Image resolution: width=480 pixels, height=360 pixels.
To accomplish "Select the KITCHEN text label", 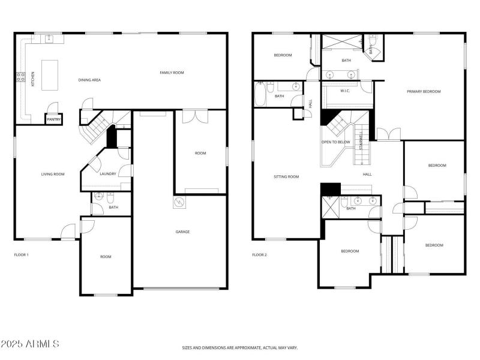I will [x=33, y=79].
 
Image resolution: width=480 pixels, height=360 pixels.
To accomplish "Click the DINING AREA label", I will [x=89, y=79].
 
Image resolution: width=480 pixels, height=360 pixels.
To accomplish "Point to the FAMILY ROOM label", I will [x=172, y=73].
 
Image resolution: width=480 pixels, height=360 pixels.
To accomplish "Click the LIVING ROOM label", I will [x=52, y=175].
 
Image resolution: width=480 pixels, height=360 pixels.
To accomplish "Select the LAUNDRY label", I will [x=108, y=174].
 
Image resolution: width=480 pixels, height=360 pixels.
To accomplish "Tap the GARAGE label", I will [x=182, y=232].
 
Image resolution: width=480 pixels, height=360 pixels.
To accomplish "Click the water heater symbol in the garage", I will [x=179, y=203].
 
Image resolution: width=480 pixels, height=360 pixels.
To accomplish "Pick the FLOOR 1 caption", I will [x=21, y=255].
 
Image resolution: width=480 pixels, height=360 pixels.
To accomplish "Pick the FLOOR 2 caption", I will [x=259, y=255].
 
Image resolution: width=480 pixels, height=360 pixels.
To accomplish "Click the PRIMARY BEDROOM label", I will [x=424, y=91].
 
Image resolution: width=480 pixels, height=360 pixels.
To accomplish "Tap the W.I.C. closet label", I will [x=345, y=91].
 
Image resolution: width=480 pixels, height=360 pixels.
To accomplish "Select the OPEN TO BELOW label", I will [x=335, y=142].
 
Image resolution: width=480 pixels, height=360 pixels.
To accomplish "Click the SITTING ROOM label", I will [x=286, y=176].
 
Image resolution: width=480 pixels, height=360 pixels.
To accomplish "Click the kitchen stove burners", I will [x=20, y=77].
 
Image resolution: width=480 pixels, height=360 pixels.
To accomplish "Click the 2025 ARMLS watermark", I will [x=30, y=344].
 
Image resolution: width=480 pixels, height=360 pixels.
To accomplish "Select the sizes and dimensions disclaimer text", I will [x=240, y=347].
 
